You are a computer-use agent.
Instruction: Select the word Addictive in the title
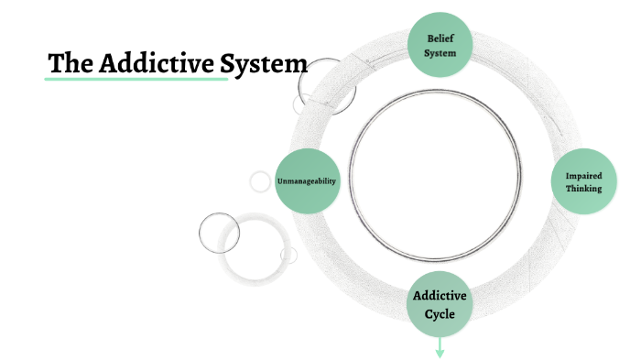(155, 65)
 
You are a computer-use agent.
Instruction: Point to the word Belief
(440, 38)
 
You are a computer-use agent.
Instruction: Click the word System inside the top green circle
(440, 52)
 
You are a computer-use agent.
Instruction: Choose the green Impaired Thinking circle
(582, 181)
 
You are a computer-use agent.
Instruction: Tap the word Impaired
(582, 174)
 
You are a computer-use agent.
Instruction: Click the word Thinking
(582, 189)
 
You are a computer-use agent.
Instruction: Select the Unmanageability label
(307, 181)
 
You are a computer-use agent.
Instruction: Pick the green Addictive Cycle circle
(440, 304)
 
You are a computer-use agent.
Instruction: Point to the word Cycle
(440, 313)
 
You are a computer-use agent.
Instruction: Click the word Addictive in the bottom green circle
(440, 296)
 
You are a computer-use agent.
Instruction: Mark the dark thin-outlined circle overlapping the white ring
(219, 232)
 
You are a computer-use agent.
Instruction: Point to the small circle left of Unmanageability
(260, 181)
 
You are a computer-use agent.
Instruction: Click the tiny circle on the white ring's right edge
(289, 255)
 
